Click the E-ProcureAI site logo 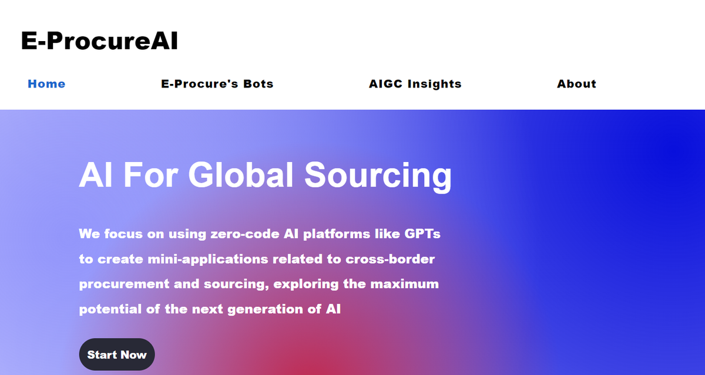(99, 42)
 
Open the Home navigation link (46, 84)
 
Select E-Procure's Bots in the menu (217, 84)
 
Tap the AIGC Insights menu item (415, 84)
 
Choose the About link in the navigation (576, 84)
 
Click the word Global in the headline (241, 175)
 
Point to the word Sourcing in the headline (378, 175)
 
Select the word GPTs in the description (423, 234)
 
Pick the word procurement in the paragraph (123, 284)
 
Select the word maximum (405, 284)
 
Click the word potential (110, 309)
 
